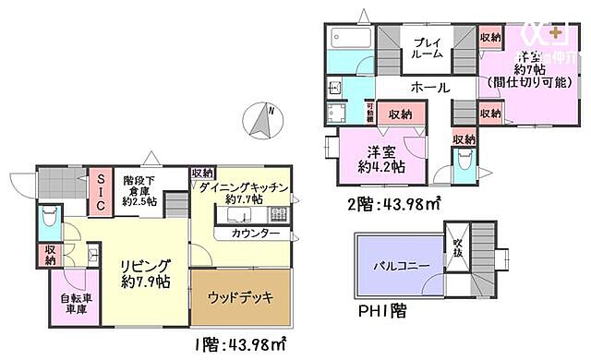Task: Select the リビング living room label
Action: (145, 266)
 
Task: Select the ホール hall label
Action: (429, 88)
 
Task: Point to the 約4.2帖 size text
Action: (380, 168)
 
